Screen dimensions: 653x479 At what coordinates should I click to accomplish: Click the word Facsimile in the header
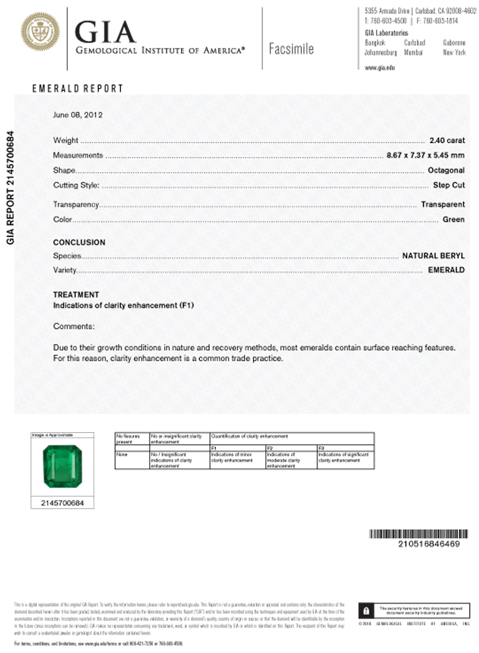(291, 49)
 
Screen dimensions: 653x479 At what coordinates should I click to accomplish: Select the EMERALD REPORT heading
(77, 89)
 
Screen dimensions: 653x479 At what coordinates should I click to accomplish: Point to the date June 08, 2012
(77, 114)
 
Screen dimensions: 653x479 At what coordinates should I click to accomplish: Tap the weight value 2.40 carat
(447, 140)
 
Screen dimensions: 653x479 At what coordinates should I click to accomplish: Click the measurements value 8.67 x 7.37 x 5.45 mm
(425, 155)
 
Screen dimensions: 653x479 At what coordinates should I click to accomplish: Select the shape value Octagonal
(446, 170)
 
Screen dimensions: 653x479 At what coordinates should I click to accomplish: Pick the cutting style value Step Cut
(449, 185)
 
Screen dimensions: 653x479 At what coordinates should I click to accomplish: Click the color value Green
(454, 219)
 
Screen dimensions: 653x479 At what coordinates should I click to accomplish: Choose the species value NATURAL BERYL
(433, 255)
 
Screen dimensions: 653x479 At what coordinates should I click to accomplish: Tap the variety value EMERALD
(446, 270)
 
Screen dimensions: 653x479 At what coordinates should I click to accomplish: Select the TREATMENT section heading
(76, 295)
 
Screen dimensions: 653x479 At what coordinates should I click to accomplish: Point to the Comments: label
(74, 326)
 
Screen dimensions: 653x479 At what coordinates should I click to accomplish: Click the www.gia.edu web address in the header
(380, 67)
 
